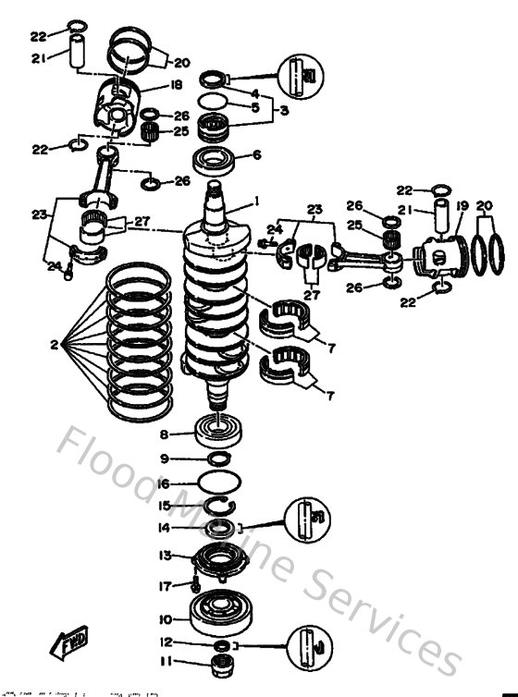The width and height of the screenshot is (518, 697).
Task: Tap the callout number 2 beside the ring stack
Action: click(55, 345)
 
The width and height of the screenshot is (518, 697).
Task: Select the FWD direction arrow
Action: click(69, 642)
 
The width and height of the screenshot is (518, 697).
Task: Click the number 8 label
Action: click(164, 434)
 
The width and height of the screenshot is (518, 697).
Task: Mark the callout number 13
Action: click(166, 556)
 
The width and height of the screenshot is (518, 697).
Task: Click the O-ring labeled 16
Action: click(220, 482)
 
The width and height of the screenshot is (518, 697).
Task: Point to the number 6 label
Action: click(257, 155)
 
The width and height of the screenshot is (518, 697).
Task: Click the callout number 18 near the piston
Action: click(176, 86)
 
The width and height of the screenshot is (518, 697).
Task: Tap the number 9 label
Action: click(165, 459)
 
